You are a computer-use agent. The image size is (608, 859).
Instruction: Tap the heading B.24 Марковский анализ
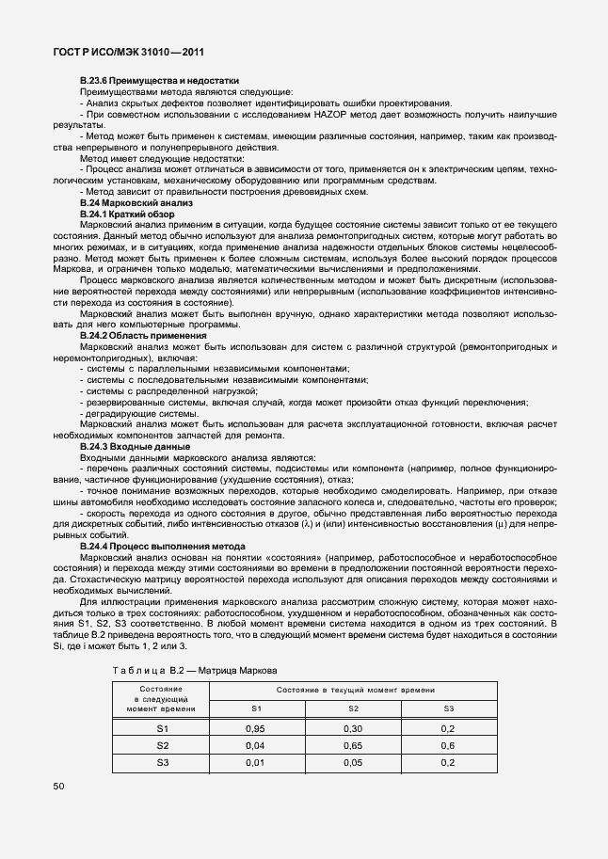pyautogui.click(x=136, y=203)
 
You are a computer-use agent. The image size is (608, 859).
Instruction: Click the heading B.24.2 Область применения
pyautogui.click(x=143, y=336)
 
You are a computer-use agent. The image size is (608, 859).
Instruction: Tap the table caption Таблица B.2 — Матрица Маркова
pyautogui.click(x=195, y=671)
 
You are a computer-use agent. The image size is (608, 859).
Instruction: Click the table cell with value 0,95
pyautogui.click(x=254, y=728)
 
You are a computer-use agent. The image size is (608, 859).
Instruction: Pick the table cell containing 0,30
pyautogui.click(x=353, y=728)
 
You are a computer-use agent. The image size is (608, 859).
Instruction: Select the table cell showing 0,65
pyautogui.click(x=353, y=745)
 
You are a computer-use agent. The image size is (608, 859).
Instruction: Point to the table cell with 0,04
pyautogui.click(x=254, y=745)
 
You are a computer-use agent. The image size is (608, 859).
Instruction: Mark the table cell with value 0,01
pyautogui.click(x=254, y=762)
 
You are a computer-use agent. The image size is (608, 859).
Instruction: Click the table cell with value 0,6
pyautogui.click(x=448, y=745)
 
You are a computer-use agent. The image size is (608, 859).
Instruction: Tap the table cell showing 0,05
pyautogui.click(x=353, y=762)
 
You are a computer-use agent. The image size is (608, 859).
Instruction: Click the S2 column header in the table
pyautogui.click(x=353, y=708)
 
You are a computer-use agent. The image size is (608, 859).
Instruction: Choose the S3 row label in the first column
pyautogui.click(x=162, y=762)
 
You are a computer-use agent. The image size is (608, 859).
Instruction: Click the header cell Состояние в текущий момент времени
pyautogui.click(x=350, y=691)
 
